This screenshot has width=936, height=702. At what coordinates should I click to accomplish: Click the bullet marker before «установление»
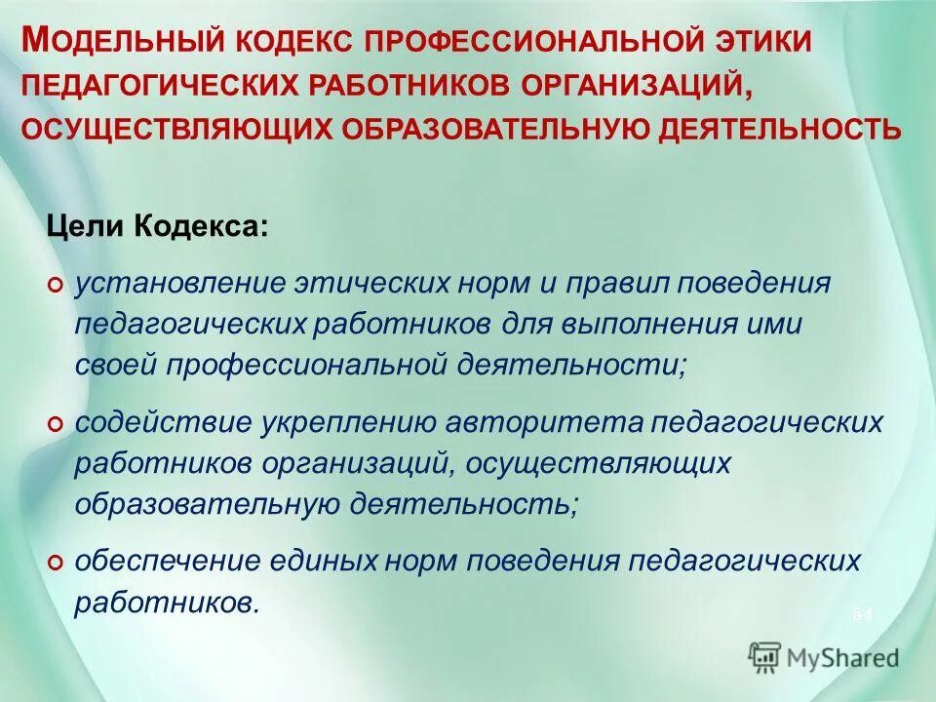(x=56, y=284)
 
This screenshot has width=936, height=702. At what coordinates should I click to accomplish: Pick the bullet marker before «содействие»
(x=56, y=423)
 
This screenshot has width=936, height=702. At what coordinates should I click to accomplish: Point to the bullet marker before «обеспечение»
(x=56, y=563)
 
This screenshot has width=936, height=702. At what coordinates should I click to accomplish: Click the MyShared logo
(x=824, y=657)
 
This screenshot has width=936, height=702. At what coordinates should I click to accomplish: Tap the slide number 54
(x=863, y=613)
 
